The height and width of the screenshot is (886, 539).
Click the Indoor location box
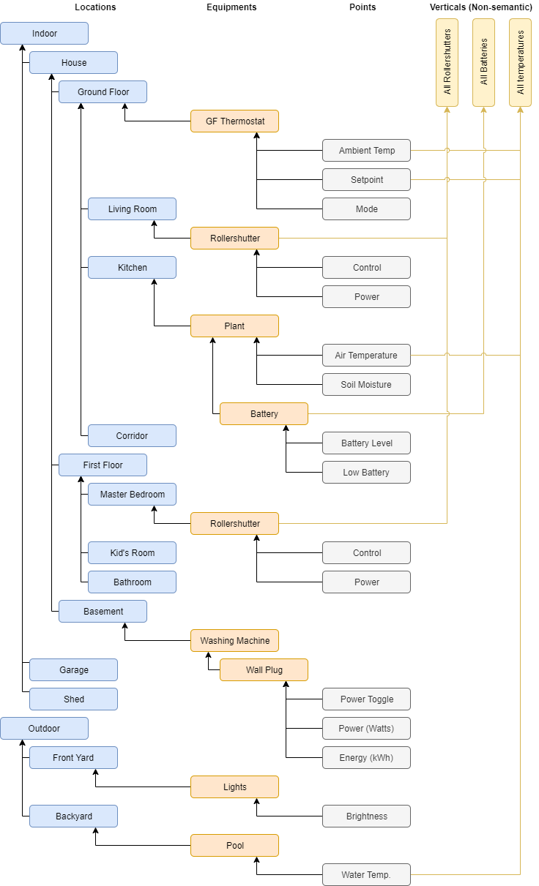(44, 34)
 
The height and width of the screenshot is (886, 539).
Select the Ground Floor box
(103, 92)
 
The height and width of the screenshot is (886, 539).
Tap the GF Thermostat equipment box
(234, 121)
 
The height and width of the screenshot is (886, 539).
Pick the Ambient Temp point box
(366, 151)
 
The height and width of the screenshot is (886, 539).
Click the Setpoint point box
(366, 180)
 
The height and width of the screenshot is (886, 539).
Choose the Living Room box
(132, 209)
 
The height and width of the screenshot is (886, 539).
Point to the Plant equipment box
(234, 326)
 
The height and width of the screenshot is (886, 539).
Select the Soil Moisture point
(366, 385)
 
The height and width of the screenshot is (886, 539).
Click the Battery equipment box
(264, 414)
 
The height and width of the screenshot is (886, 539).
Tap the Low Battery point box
(366, 473)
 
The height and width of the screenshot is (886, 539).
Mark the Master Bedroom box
(132, 495)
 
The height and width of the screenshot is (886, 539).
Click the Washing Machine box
(234, 641)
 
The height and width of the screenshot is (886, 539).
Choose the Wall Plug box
(264, 670)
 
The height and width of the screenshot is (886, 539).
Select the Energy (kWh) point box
(366, 758)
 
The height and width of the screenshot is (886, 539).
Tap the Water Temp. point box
(366, 875)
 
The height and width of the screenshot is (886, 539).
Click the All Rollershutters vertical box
(447, 63)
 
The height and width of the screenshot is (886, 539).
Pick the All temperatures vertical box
(520, 63)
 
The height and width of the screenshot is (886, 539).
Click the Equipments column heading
(231, 7)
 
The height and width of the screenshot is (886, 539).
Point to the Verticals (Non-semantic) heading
(480, 7)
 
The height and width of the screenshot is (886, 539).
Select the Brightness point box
(366, 816)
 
